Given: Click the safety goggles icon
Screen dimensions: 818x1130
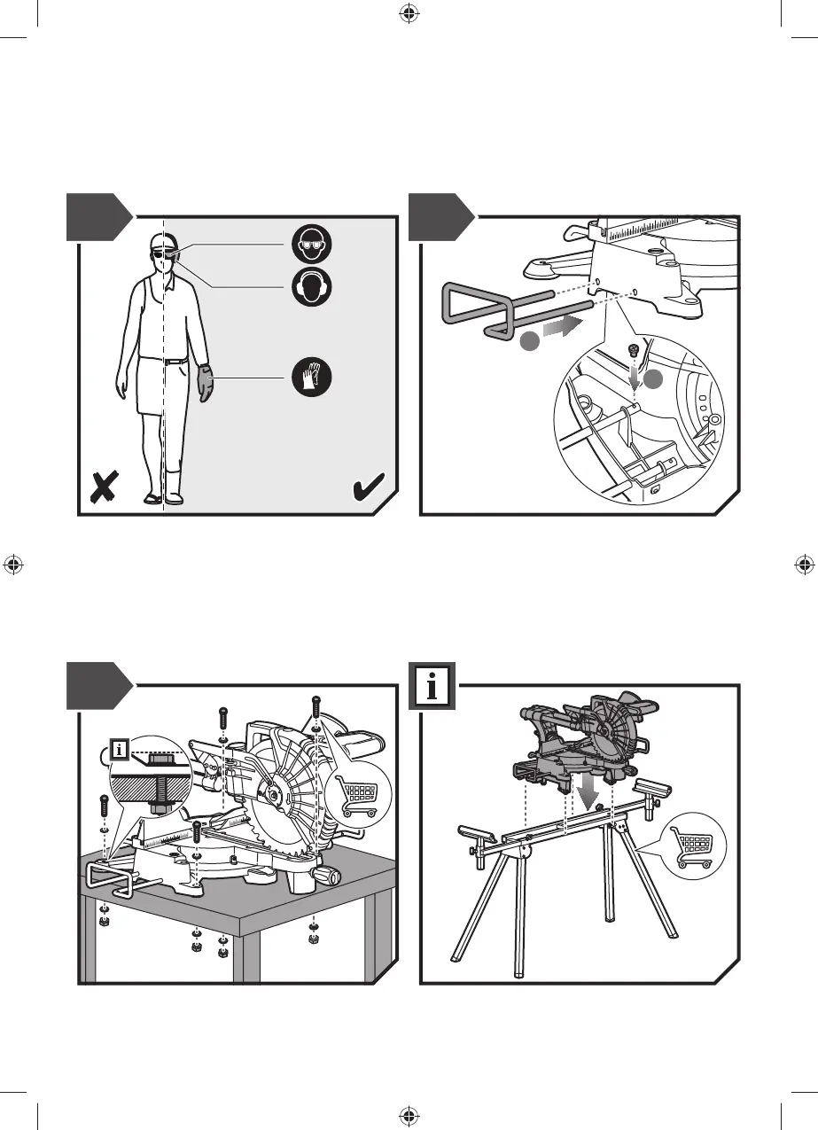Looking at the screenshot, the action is point(314,243).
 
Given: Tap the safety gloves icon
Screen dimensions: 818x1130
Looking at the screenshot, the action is point(314,378).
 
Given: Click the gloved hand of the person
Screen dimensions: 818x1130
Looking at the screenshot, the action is point(206,384).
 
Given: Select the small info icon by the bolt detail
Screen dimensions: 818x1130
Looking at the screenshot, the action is point(121,751).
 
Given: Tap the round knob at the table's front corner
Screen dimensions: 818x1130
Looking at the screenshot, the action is point(332,877).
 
